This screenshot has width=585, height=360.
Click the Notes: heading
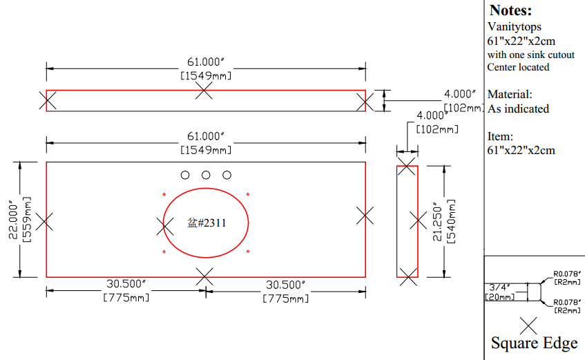[511, 10]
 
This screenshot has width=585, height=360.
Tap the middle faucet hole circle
[206, 175]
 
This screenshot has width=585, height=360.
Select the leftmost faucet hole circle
[185, 175]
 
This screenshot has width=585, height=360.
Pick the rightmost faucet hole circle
[227, 175]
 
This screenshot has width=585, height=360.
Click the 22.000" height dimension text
[13, 220]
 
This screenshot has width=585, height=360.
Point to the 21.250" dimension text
[437, 222]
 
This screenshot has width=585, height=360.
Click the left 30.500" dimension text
[126, 284]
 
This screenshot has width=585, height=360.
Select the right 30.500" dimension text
[285, 285]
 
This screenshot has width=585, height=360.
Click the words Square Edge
[535, 343]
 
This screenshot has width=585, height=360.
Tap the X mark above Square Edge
[528, 325]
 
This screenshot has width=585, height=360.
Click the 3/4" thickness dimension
[499, 287]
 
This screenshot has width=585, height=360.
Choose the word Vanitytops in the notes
[514, 27]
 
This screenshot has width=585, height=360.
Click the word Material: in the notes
[510, 94]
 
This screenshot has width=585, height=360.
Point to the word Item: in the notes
[500, 136]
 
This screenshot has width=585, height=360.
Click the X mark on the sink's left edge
[164, 227]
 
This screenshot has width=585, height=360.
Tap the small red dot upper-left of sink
[164, 194]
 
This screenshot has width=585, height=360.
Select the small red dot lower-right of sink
[248, 252]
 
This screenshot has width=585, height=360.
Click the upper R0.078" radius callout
[567, 274]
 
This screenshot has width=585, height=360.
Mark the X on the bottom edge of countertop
[204, 276]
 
